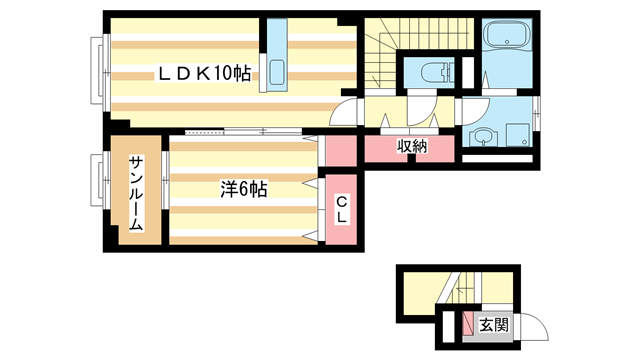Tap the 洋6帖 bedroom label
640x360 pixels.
tap(244, 187)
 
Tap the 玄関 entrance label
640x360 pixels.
tap(493, 324)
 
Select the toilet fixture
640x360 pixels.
tap(434, 73)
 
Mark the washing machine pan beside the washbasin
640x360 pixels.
tap(518, 133)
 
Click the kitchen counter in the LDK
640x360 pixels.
tap(275, 56)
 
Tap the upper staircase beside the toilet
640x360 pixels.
tap(380, 55)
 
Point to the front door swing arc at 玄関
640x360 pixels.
tap(529, 326)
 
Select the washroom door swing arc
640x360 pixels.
tap(472, 108)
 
